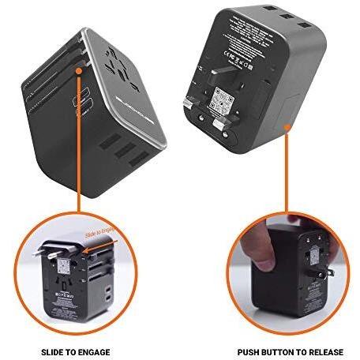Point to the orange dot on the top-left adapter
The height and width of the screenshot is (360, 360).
point(80,72)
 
